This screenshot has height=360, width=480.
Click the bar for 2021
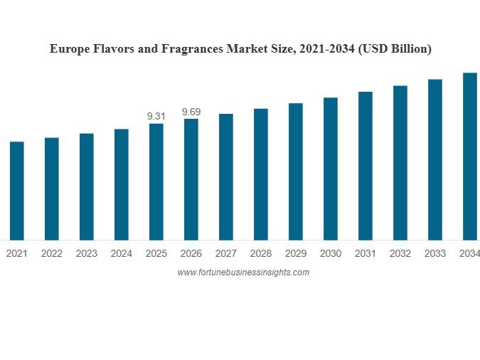coord(16,191)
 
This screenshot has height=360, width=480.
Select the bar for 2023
coord(86,186)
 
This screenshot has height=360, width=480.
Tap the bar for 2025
coord(156,181)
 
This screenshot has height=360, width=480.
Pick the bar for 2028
coord(261,174)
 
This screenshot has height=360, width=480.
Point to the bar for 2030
coord(331,169)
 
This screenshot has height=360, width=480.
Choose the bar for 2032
coord(400,163)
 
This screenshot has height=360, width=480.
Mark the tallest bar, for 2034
coord(470,157)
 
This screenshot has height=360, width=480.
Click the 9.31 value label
coord(156,116)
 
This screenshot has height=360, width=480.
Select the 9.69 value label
coord(191,112)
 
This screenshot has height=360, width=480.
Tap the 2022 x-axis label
coord(51,253)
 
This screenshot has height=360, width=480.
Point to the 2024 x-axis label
coord(121,253)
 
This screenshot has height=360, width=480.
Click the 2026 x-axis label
coord(191,253)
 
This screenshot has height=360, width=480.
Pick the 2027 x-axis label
coord(226,253)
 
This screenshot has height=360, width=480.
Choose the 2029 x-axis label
coord(296,253)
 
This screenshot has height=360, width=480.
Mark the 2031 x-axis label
coord(366,253)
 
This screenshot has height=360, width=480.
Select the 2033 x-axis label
coord(435,253)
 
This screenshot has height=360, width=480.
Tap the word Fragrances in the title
coord(192,49)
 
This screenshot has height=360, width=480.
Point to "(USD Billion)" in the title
coord(395,49)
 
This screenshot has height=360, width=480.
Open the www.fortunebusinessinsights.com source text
coord(243,272)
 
